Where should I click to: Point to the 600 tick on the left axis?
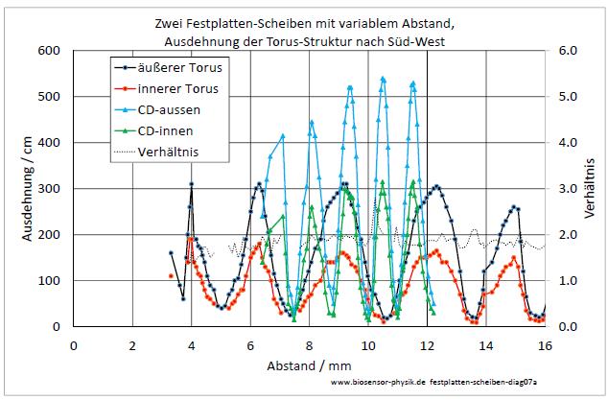coord(51,50)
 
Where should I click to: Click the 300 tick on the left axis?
coord(51,189)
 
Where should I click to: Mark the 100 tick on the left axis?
coord(51,281)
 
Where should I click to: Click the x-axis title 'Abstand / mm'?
coord(309,365)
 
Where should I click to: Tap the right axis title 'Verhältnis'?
coord(592,187)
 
